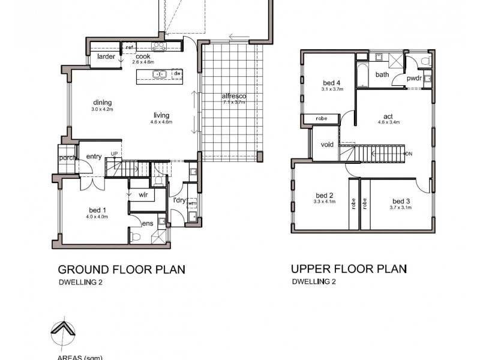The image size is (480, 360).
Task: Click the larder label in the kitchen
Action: pyautogui.click(x=106, y=57)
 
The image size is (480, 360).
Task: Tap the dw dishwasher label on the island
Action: pyautogui.click(x=177, y=74)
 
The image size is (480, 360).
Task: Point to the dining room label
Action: pyautogui.click(x=102, y=103)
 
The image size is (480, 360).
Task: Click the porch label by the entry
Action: pyautogui.click(x=66, y=158)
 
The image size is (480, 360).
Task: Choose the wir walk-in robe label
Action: pyautogui.click(x=143, y=195)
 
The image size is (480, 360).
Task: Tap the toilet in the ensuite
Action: pyautogui.click(x=136, y=237)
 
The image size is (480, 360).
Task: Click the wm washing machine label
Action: pyautogui.click(x=191, y=204)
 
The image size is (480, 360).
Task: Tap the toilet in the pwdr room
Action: pyautogui.click(x=425, y=61)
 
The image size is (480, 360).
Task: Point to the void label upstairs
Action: pyautogui.click(x=327, y=145)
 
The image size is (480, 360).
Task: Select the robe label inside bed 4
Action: pyautogui.click(x=321, y=119)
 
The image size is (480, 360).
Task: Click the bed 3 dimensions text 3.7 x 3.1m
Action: pyautogui.click(x=401, y=208)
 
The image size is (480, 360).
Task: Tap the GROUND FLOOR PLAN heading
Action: pyautogui.click(x=121, y=269)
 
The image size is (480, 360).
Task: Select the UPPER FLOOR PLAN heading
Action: pyautogui.click(x=349, y=269)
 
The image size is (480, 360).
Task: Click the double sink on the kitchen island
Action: pyautogui.click(x=159, y=74)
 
